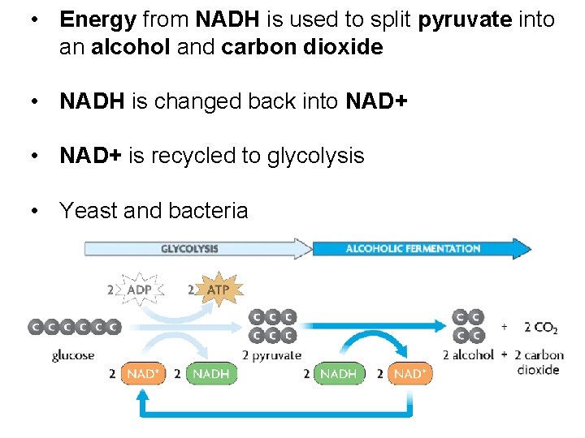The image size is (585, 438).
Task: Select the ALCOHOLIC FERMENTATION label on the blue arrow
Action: coord(413,248)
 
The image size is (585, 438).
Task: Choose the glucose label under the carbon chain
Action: coord(73,354)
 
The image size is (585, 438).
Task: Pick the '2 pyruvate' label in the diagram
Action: coord(271,354)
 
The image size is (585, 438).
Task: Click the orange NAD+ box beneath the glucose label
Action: coord(143,374)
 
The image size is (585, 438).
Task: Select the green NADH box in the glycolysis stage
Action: coord(211,374)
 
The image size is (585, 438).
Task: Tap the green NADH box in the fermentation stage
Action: coord(338,374)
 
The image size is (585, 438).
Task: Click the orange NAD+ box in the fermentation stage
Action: coord(409,374)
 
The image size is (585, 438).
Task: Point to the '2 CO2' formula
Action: coord(540,328)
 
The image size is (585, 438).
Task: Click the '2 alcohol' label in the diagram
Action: coord(468,354)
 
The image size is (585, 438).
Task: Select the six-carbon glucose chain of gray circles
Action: coord(74,327)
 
